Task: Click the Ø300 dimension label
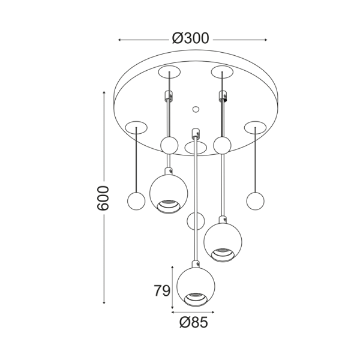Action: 191,38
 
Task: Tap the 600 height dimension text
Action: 103,198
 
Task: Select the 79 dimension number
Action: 162,290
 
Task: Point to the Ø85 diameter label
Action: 194,322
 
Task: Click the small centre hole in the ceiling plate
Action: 196,110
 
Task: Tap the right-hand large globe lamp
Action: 223,242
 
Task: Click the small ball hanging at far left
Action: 136,201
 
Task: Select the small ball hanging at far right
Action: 255,201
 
